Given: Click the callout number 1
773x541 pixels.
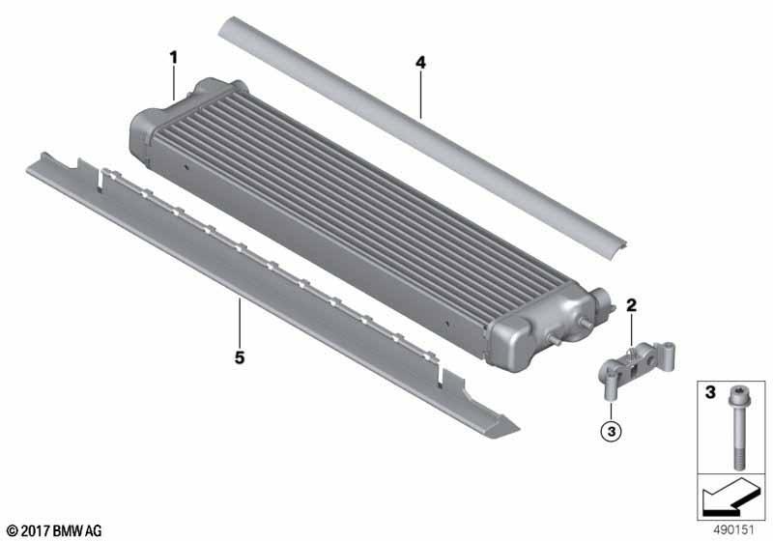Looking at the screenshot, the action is (173, 58).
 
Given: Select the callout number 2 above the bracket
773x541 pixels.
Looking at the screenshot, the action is (631, 305).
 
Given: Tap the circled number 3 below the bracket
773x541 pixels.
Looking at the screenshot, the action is (612, 432).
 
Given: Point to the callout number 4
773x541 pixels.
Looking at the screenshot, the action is (420, 63).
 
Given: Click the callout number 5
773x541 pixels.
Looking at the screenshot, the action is (240, 357).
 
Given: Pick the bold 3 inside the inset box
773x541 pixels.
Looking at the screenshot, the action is (710, 392).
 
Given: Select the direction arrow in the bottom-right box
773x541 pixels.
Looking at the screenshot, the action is (729, 497).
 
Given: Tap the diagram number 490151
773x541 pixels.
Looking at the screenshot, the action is (733, 530).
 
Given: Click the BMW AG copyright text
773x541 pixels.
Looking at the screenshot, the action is (55, 530).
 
